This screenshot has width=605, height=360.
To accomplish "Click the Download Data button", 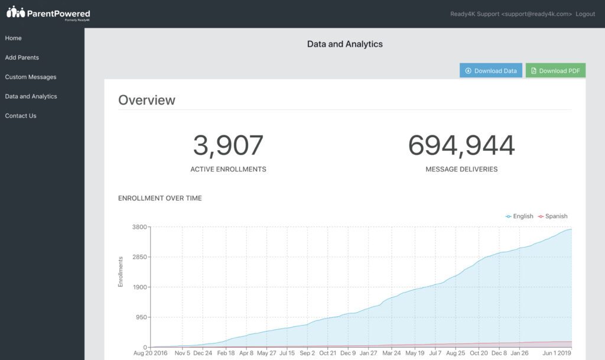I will (x=490, y=71).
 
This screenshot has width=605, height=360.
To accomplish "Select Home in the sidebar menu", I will (x=14, y=38).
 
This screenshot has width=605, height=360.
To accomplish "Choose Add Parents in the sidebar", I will (x=22, y=58).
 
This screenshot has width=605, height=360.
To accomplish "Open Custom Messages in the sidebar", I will (x=31, y=77).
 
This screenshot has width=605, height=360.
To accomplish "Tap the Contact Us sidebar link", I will (x=21, y=116).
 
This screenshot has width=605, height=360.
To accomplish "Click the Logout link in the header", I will (x=585, y=14).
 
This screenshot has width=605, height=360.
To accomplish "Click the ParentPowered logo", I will (x=48, y=13).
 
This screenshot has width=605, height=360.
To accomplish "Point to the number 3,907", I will (x=228, y=146).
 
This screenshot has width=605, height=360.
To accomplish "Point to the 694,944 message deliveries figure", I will (x=461, y=146).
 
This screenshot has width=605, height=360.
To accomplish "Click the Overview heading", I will (x=147, y=100).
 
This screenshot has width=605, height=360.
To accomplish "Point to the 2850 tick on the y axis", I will (x=140, y=257).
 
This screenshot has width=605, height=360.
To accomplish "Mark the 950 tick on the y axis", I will (x=142, y=317).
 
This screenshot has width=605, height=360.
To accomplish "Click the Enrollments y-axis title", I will (x=121, y=272).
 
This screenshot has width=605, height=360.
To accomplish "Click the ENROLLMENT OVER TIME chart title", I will (x=160, y=199).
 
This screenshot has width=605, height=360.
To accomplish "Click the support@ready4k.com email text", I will (x=536, y=14).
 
